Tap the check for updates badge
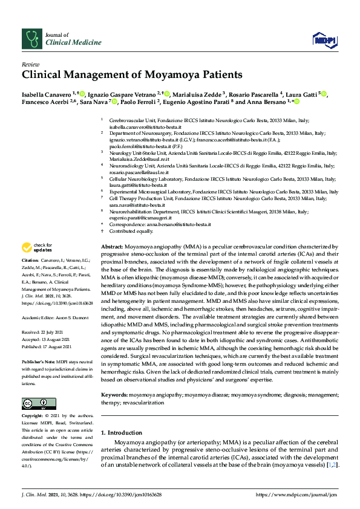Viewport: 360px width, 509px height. (x=36, y=247)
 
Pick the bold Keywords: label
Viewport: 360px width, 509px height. (x=114, y=394)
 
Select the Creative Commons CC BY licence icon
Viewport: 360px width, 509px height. (x=39, y=403)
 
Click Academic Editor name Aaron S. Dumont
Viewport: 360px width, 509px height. (x=74, y=317)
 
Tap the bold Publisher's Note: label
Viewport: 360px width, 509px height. (x=39, y=361)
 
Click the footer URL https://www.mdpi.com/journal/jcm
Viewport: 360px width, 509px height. (x=296, y=494)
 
